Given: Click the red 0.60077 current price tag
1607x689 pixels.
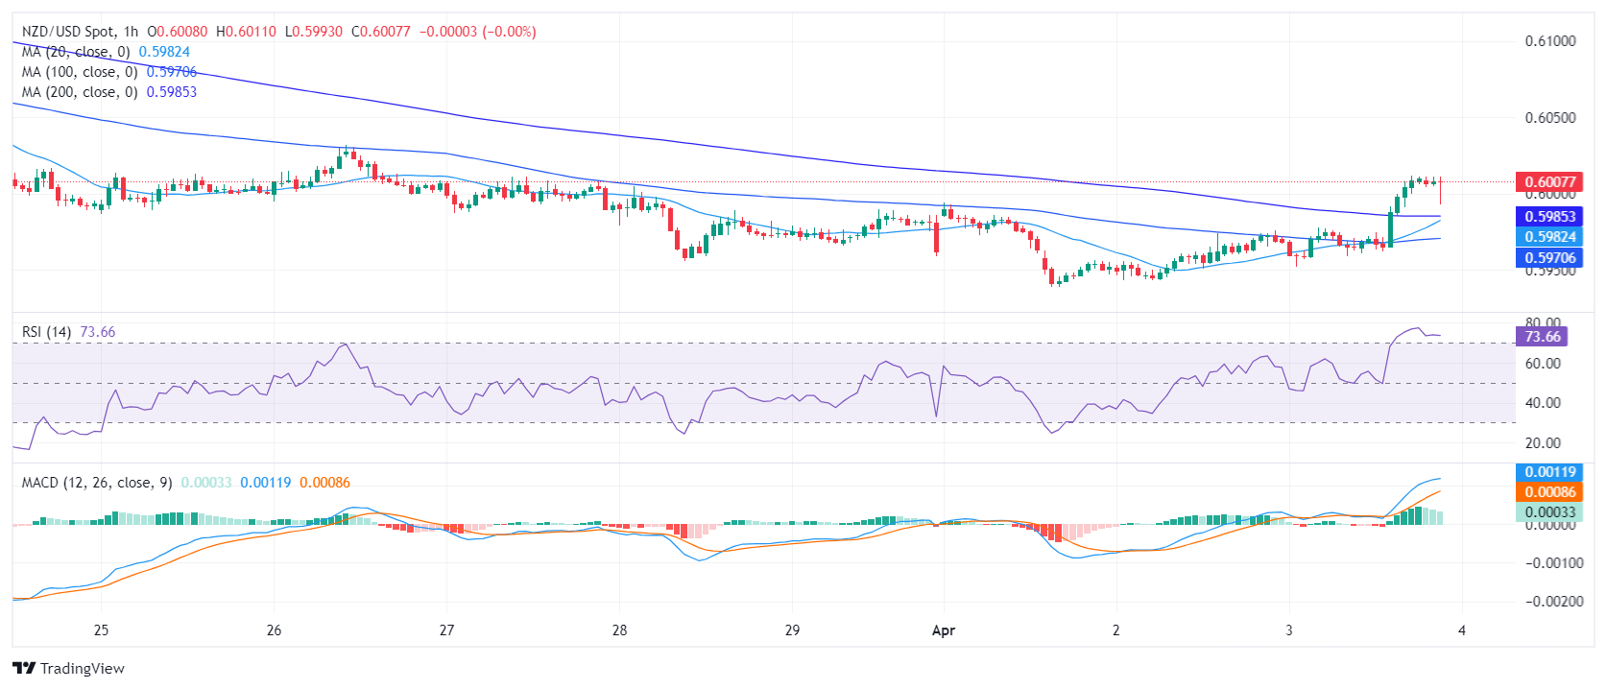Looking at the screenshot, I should tap(1549, 182).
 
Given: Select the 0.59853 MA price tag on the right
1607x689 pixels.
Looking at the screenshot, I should tap(1549, 217).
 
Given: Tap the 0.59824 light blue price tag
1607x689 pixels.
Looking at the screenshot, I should tap(1549, 237).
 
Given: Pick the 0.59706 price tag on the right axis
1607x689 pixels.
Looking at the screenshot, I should tap(1549, 258).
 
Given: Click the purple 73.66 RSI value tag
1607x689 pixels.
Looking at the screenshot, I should tap(1542, 337).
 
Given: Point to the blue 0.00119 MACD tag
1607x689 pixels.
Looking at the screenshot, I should tap(1549, 472).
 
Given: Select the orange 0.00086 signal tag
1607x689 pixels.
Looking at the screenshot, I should tap(1549, 492).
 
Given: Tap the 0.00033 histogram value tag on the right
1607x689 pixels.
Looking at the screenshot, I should tap(1549, 512).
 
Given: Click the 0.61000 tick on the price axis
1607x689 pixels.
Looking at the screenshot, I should tap(1549, 41).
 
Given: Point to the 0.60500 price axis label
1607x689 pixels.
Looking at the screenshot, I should tap(1549, 118).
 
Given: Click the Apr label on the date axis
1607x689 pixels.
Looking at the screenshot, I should tap(944, 630).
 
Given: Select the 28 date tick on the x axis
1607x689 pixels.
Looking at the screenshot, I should tap(619, 630).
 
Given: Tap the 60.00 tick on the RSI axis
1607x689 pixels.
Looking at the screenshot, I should tap(1543, 364).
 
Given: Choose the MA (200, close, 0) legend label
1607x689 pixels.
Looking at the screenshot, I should tap(80, 92).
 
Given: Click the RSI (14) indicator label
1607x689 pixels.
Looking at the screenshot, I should tap(46, 332).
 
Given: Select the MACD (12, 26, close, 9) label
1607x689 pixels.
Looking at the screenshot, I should tap(97, 483).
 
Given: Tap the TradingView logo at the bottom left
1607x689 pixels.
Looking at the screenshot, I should tap(69, 669).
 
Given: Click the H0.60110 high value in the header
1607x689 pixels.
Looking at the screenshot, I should tap(246, 32).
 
